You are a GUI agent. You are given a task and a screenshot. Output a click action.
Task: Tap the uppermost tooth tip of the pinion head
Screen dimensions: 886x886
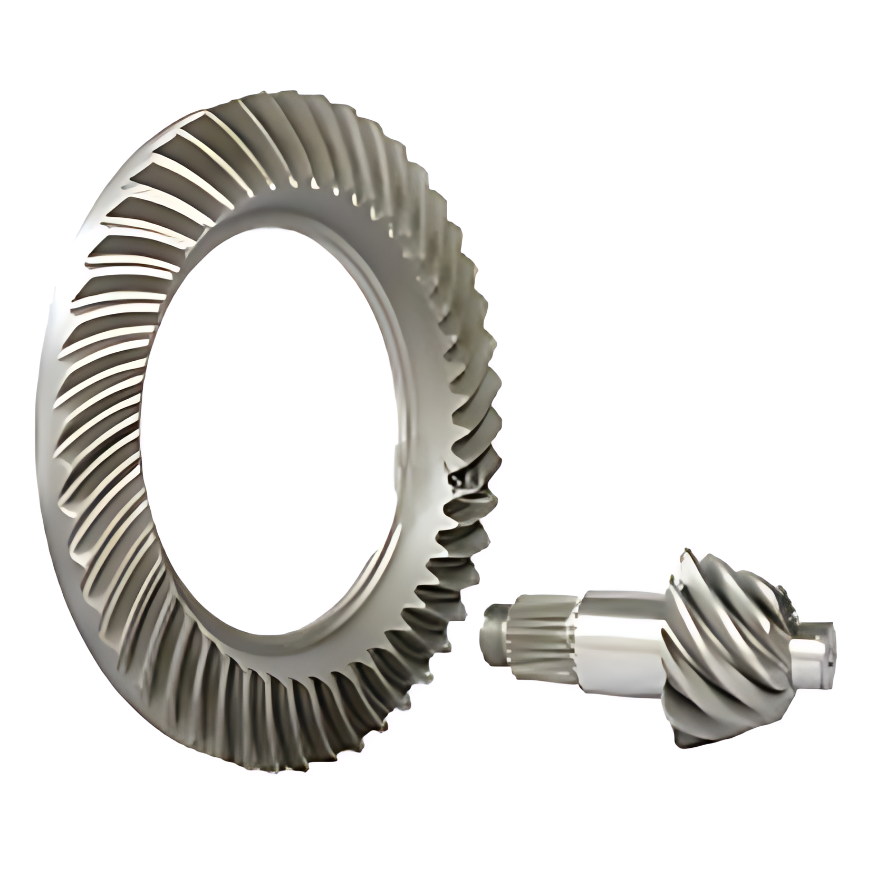coord(686,554)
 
